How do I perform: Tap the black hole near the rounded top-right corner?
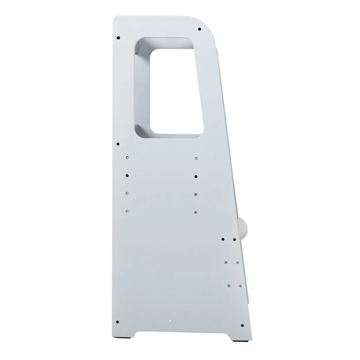(199, 27)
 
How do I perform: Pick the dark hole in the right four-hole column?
(195, 176)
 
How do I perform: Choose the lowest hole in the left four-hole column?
(127, 210)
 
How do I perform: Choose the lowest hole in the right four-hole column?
(195, 211)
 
